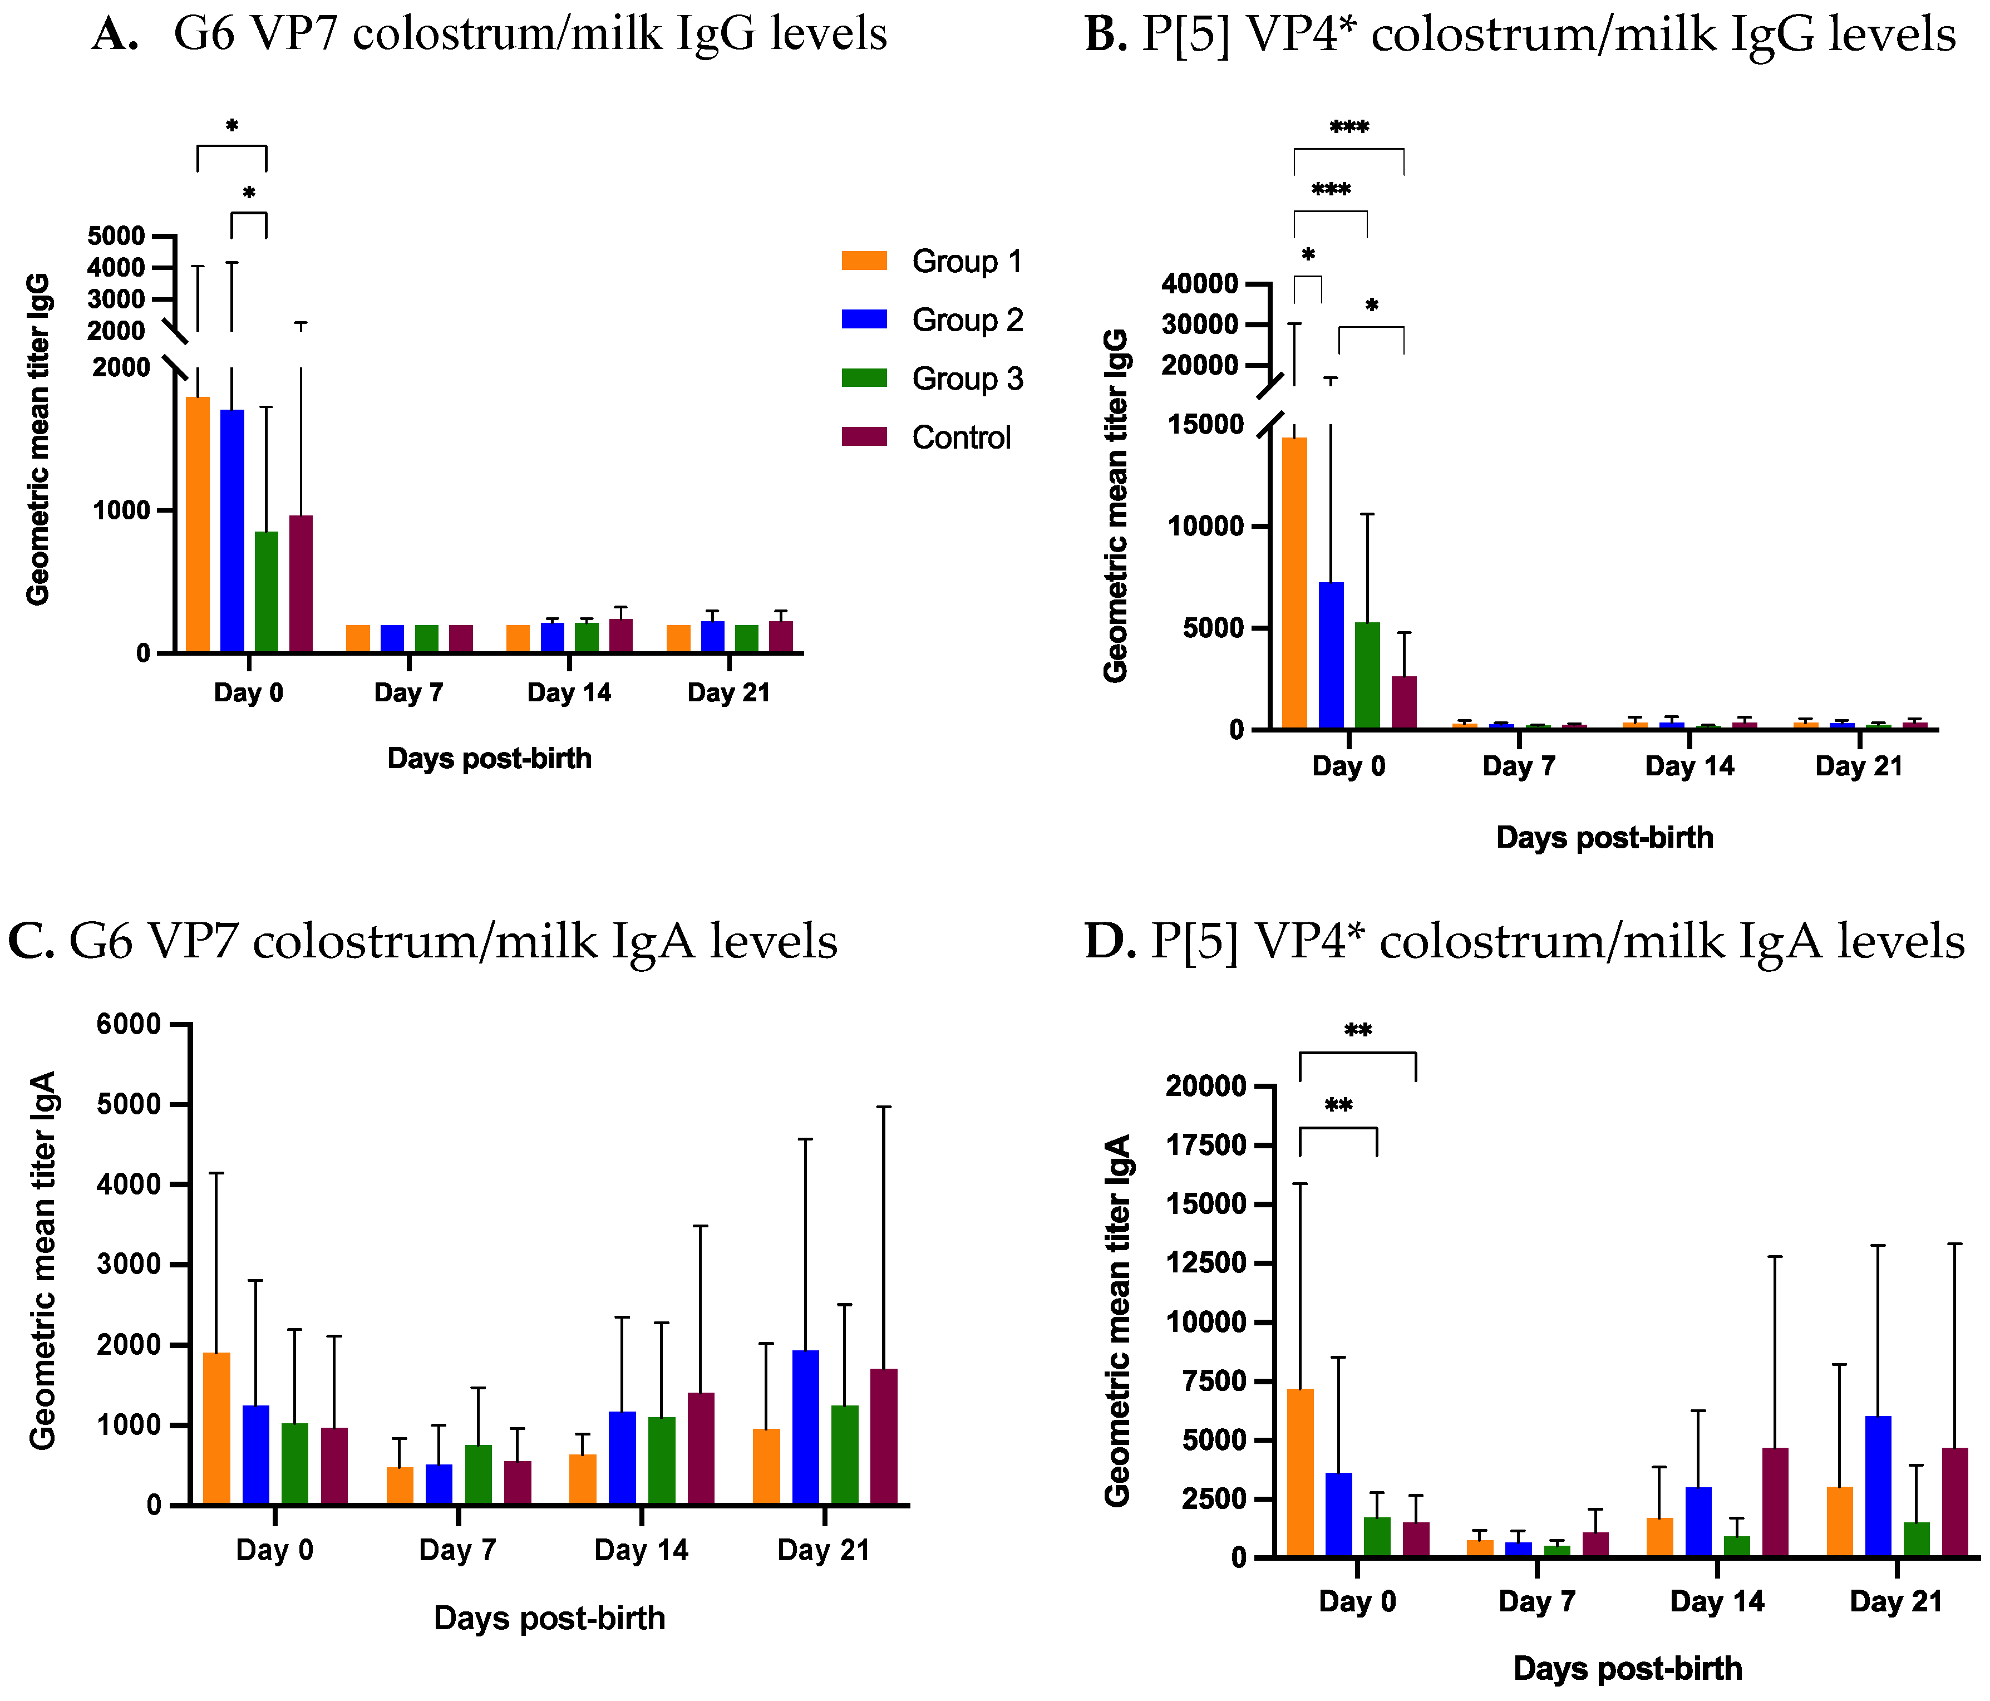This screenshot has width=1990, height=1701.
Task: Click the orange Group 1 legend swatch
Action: pos(864,260)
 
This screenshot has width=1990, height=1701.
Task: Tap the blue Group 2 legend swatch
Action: pos(864,319)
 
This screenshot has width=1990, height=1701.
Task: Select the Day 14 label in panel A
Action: pos(569,692)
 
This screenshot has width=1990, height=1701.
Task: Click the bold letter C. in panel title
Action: pos(31,942)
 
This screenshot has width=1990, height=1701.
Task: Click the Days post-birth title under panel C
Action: pos(549,1619)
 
